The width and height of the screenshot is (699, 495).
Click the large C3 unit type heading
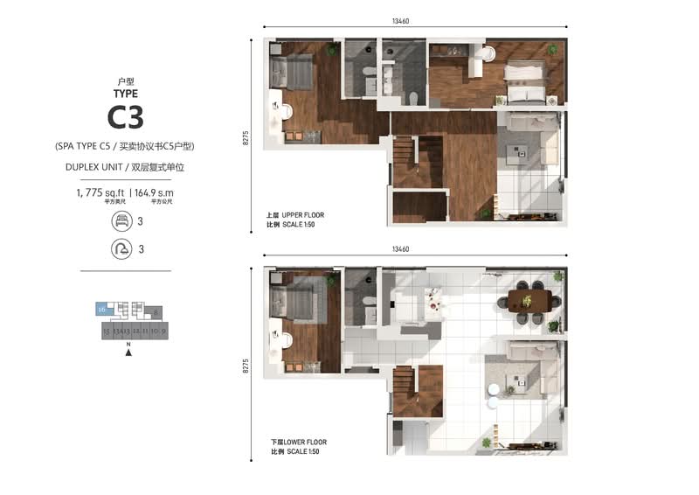coord(126,116)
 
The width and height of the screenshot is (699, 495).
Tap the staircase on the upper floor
coord(405,162)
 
